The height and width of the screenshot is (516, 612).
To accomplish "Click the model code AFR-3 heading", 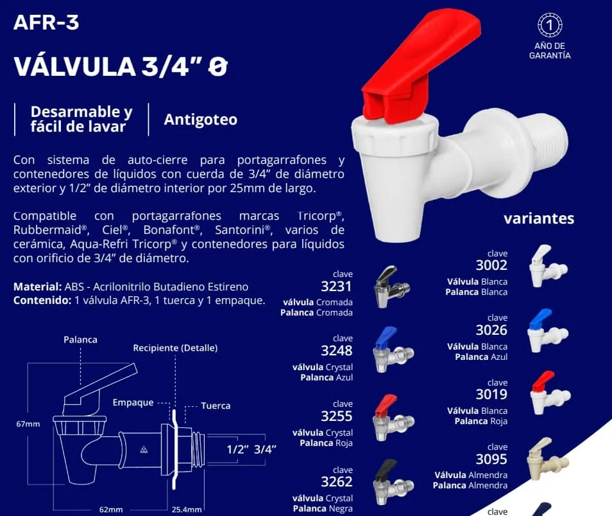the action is [46, 22].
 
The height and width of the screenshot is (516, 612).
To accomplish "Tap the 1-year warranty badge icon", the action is [550, 25].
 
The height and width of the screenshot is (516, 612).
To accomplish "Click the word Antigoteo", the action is [201, 120].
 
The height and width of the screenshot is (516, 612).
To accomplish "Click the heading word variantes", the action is [539, 218].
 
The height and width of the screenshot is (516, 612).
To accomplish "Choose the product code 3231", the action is [336, 287].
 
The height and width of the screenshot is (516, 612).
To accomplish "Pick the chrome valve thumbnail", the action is [391, 287].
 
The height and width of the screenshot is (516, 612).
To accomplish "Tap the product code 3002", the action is [491, 265].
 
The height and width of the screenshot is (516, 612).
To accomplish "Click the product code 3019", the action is [491, 395].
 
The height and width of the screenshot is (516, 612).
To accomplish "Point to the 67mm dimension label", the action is [28, 423].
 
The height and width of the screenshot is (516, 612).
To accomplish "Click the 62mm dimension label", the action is [111, 510].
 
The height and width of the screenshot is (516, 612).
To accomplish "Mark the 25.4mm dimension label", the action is [187, 510].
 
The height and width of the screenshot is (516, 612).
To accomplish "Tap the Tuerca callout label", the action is [216, 405].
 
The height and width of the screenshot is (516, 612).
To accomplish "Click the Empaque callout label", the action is [133, 403].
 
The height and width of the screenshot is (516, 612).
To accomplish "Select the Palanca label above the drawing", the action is [80, 340].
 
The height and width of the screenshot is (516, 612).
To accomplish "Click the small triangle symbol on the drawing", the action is [144, 450].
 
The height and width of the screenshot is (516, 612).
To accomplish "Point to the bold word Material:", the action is [37, 287].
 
